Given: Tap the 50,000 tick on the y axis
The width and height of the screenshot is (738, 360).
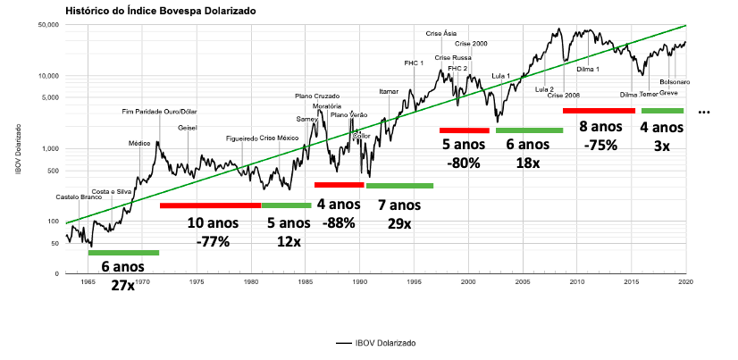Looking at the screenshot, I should coord(46,25).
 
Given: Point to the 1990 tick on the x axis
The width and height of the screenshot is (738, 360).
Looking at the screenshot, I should coord(359,281).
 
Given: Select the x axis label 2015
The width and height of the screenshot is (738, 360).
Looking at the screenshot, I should coord(631,281).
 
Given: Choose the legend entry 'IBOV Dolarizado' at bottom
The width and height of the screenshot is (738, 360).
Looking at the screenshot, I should coord(380,342).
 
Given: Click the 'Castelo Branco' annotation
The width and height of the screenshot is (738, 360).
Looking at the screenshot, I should coord(79,197).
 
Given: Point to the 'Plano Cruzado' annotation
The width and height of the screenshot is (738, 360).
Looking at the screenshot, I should coord(317,96).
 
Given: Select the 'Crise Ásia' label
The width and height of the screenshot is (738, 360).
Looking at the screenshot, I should coord(442,34).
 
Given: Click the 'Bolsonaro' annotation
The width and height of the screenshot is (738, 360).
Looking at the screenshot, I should coord(675,81).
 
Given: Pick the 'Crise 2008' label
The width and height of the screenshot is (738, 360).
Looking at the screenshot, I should coord(564,95).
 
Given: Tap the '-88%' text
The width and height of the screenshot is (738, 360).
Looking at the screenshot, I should coord(339,223).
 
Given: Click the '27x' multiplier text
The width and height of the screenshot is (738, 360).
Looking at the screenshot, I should coord(123,286).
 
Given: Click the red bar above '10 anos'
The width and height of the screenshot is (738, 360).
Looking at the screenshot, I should coord(210,205).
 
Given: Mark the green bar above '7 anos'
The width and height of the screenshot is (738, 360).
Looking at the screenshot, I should coord(399,186).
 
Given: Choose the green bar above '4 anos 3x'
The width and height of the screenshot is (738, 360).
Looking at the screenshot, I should coord(662,111).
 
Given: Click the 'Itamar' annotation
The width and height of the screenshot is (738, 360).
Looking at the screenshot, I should coord(389,91).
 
